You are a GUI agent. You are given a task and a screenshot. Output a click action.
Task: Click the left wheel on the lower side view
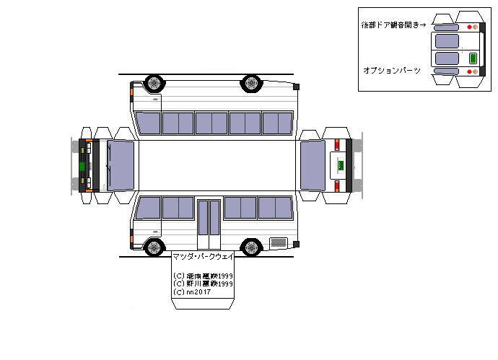coord(154,247)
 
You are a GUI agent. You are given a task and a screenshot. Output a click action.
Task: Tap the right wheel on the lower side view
coord(251,247)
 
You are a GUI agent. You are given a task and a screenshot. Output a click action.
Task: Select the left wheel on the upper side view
coord(154,83)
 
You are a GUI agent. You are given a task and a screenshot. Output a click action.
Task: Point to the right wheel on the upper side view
coord(251,83)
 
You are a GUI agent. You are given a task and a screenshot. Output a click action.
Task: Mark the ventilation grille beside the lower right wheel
coord(277,241)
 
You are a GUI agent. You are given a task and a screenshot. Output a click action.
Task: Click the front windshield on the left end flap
coord(121,165)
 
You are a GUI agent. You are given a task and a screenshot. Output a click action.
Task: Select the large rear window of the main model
coord(313,165)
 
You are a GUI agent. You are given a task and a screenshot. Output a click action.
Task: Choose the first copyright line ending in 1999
coord(203,276)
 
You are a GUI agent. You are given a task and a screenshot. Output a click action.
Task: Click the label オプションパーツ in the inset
coord(392,70)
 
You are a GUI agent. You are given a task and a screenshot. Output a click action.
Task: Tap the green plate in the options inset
coord(473,58)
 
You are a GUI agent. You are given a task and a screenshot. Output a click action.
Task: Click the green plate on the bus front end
coord(82,166)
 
